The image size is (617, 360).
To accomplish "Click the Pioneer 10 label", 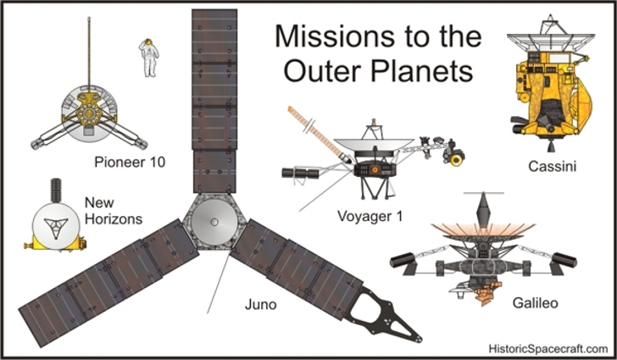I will coord(130,161).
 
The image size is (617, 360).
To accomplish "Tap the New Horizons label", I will coord(113,210).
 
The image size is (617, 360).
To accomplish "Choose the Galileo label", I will coord(535,302).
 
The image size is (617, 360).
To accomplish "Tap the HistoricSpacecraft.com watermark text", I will coord(548,347).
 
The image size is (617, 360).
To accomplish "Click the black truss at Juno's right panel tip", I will coord(386,309).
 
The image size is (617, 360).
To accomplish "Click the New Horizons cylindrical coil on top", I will coord(58,188).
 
